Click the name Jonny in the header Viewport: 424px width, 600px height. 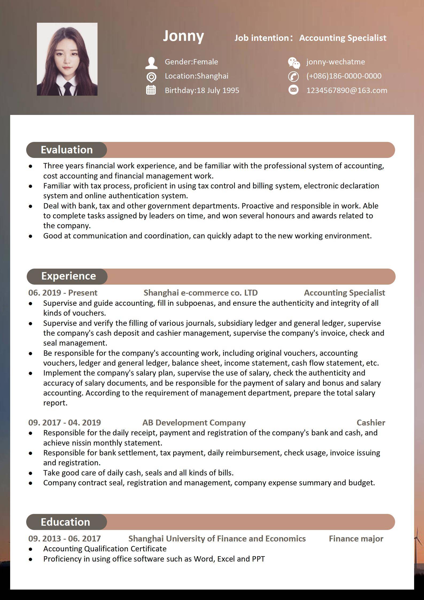[x=183, y=36]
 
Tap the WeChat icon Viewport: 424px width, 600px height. [x=294, y=63]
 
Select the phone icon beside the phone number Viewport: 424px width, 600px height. [x=293, y=76]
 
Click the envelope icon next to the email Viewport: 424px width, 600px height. [x=293, y=90]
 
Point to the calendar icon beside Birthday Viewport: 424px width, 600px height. [x=151, y=90]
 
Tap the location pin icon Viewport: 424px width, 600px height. [x=151, y=77]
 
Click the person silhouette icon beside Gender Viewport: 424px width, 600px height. [x=151, y=63]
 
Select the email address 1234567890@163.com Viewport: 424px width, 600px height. [x=347, y=90]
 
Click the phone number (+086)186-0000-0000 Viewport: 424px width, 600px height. [x=344, y=76]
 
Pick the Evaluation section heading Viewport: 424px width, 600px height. [x=67, y=150]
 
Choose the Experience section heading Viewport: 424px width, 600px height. [x=68, y=276]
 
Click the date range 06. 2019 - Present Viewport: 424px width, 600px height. [x=63, y=293]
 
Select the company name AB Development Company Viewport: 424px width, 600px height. [x=194, y=423]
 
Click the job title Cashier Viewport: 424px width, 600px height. [x=371, y=423]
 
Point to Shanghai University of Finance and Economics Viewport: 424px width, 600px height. [x=217, y=539]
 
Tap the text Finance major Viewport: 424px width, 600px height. [x=356, y=539]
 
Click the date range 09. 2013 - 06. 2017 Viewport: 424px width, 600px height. [x=64, y=539]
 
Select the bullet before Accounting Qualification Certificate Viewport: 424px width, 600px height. [x=30, y=549]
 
